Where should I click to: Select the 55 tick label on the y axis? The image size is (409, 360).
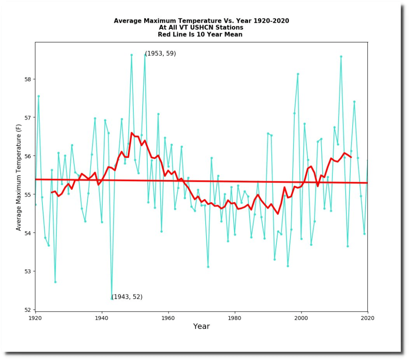28,195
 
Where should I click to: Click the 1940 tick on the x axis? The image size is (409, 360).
102,311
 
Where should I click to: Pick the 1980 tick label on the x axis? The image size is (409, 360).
234,317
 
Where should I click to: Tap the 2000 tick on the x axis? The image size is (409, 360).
301,311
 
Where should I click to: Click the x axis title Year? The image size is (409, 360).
201,326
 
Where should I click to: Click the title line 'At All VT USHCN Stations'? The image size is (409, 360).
201,28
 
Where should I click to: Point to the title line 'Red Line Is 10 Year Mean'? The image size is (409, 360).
201,34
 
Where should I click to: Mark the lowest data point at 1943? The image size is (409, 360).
111,298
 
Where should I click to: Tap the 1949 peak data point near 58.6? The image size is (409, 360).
131,55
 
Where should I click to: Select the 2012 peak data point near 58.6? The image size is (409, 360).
341,56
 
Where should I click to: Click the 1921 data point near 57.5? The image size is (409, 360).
39,96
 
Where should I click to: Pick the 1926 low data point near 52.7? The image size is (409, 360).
55,282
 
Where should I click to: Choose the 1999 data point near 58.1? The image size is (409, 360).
298,74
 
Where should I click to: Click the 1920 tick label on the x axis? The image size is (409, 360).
35,317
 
